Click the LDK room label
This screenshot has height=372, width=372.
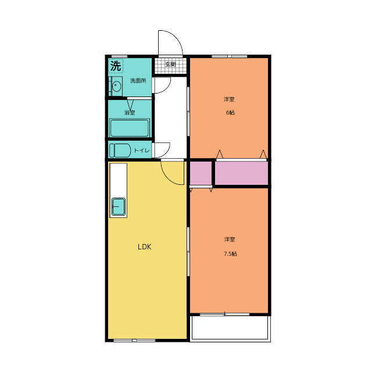coord(145,247)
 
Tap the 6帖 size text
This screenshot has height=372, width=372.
coord(230,112)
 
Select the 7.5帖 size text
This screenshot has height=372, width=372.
coord(230,253)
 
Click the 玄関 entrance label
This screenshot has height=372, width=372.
coord(170,64)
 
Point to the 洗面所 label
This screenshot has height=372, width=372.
coord(138,81)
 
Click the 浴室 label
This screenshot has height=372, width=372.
coord(130,112)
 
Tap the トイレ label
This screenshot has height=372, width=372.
coord(142,151)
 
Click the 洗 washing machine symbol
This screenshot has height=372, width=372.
coord(116,66)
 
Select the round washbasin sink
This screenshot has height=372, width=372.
coord(116,86)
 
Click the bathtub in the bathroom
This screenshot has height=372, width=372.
coord(130,128)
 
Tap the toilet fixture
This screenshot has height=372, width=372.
coord(120,151)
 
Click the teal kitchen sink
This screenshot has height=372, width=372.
coord(119,207)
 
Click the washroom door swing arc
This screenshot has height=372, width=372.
coord(167,88)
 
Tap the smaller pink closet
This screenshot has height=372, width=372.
coord(201,173)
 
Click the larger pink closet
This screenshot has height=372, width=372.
coord(242,173)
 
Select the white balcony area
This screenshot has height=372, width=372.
coord(230,328)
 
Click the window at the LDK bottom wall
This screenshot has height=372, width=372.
coord(134,341)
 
